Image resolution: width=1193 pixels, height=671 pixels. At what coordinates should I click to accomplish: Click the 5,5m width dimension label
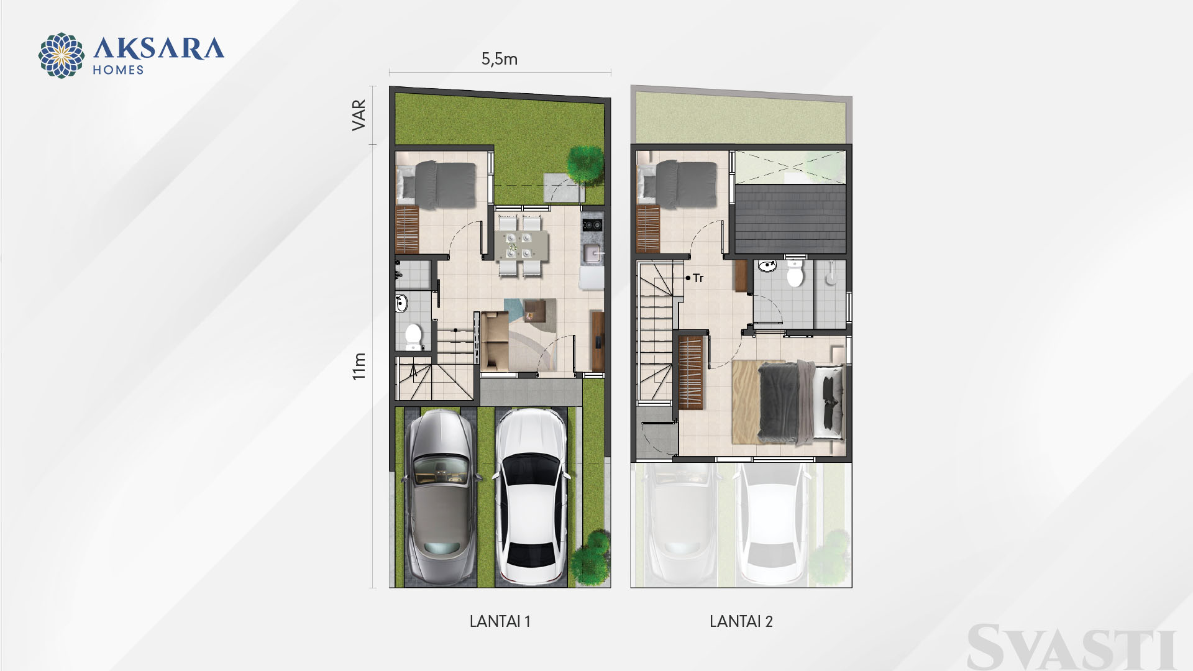500,59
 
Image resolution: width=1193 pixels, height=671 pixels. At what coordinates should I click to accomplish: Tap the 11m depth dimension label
359,366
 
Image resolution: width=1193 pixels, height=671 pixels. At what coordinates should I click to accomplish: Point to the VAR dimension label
359,115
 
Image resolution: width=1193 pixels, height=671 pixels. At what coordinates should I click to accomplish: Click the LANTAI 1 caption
500,621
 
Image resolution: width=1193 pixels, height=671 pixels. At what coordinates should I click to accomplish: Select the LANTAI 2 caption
741,621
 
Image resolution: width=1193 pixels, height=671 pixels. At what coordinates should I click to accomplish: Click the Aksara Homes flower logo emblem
62,55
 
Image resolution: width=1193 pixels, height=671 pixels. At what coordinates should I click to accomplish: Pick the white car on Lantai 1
531,496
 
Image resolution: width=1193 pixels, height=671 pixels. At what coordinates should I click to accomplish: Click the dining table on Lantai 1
518,245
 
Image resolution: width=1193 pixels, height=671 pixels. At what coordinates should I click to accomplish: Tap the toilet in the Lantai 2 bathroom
795,273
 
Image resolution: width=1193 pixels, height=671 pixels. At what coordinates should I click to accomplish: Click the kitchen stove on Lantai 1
592,224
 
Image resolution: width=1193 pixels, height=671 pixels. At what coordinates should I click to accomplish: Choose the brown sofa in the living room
495,340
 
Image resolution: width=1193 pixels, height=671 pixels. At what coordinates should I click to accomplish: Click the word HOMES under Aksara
118,70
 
